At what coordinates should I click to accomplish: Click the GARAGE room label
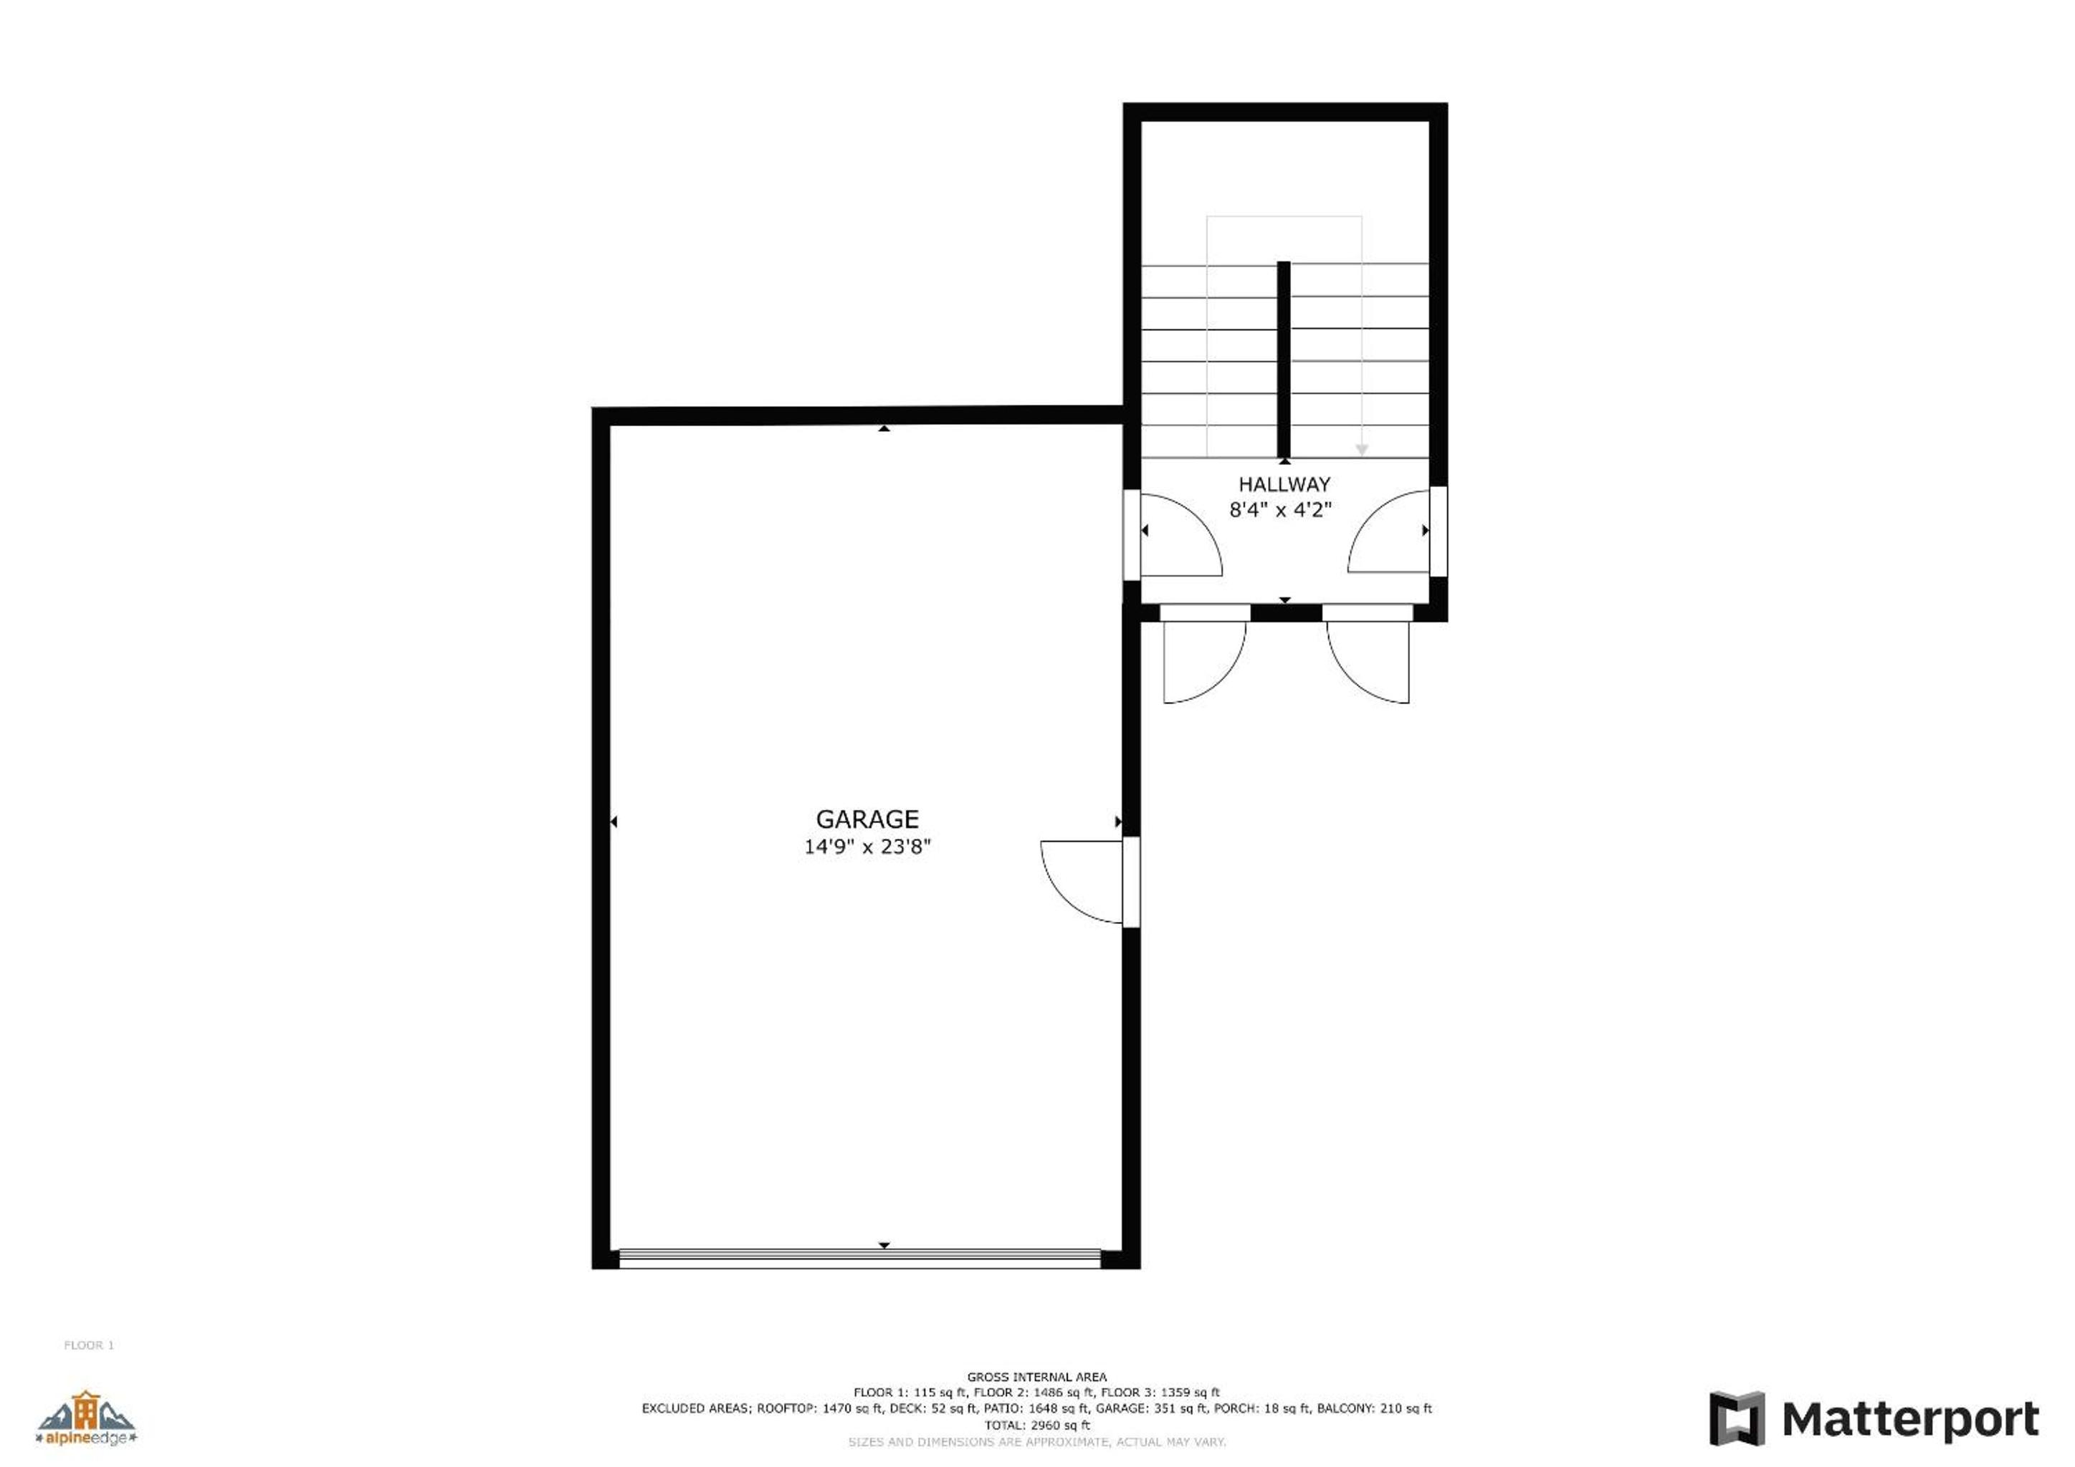[867, 819]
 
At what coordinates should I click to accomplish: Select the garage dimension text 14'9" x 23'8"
[867, 847]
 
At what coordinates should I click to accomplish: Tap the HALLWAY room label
[1284, 484]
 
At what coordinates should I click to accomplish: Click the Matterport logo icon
[1736, 1419]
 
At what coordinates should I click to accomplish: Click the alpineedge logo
[86, 1418]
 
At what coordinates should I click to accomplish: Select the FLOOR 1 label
[89, 1345]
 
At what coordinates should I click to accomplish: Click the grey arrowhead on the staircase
[1362, 450]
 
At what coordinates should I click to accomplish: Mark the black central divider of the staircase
[1283, 360]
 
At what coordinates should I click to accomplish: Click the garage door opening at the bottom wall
[859, 1259]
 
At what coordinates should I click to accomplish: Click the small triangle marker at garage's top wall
[884, 428]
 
